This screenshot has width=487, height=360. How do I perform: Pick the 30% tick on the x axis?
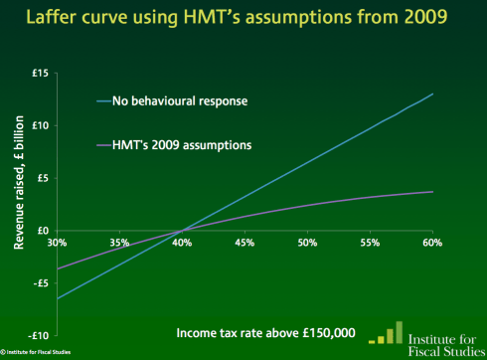click(x=57, y=243)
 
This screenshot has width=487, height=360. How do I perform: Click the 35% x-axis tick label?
click(x=120, y=243)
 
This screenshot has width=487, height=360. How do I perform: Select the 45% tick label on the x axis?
click(x=244, y=243)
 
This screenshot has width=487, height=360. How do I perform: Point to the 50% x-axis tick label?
click(x=307, y=243)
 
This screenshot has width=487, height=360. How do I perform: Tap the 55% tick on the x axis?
click(x=370, y=243)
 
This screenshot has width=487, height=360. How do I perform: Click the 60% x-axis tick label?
click(x=432, y=243)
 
